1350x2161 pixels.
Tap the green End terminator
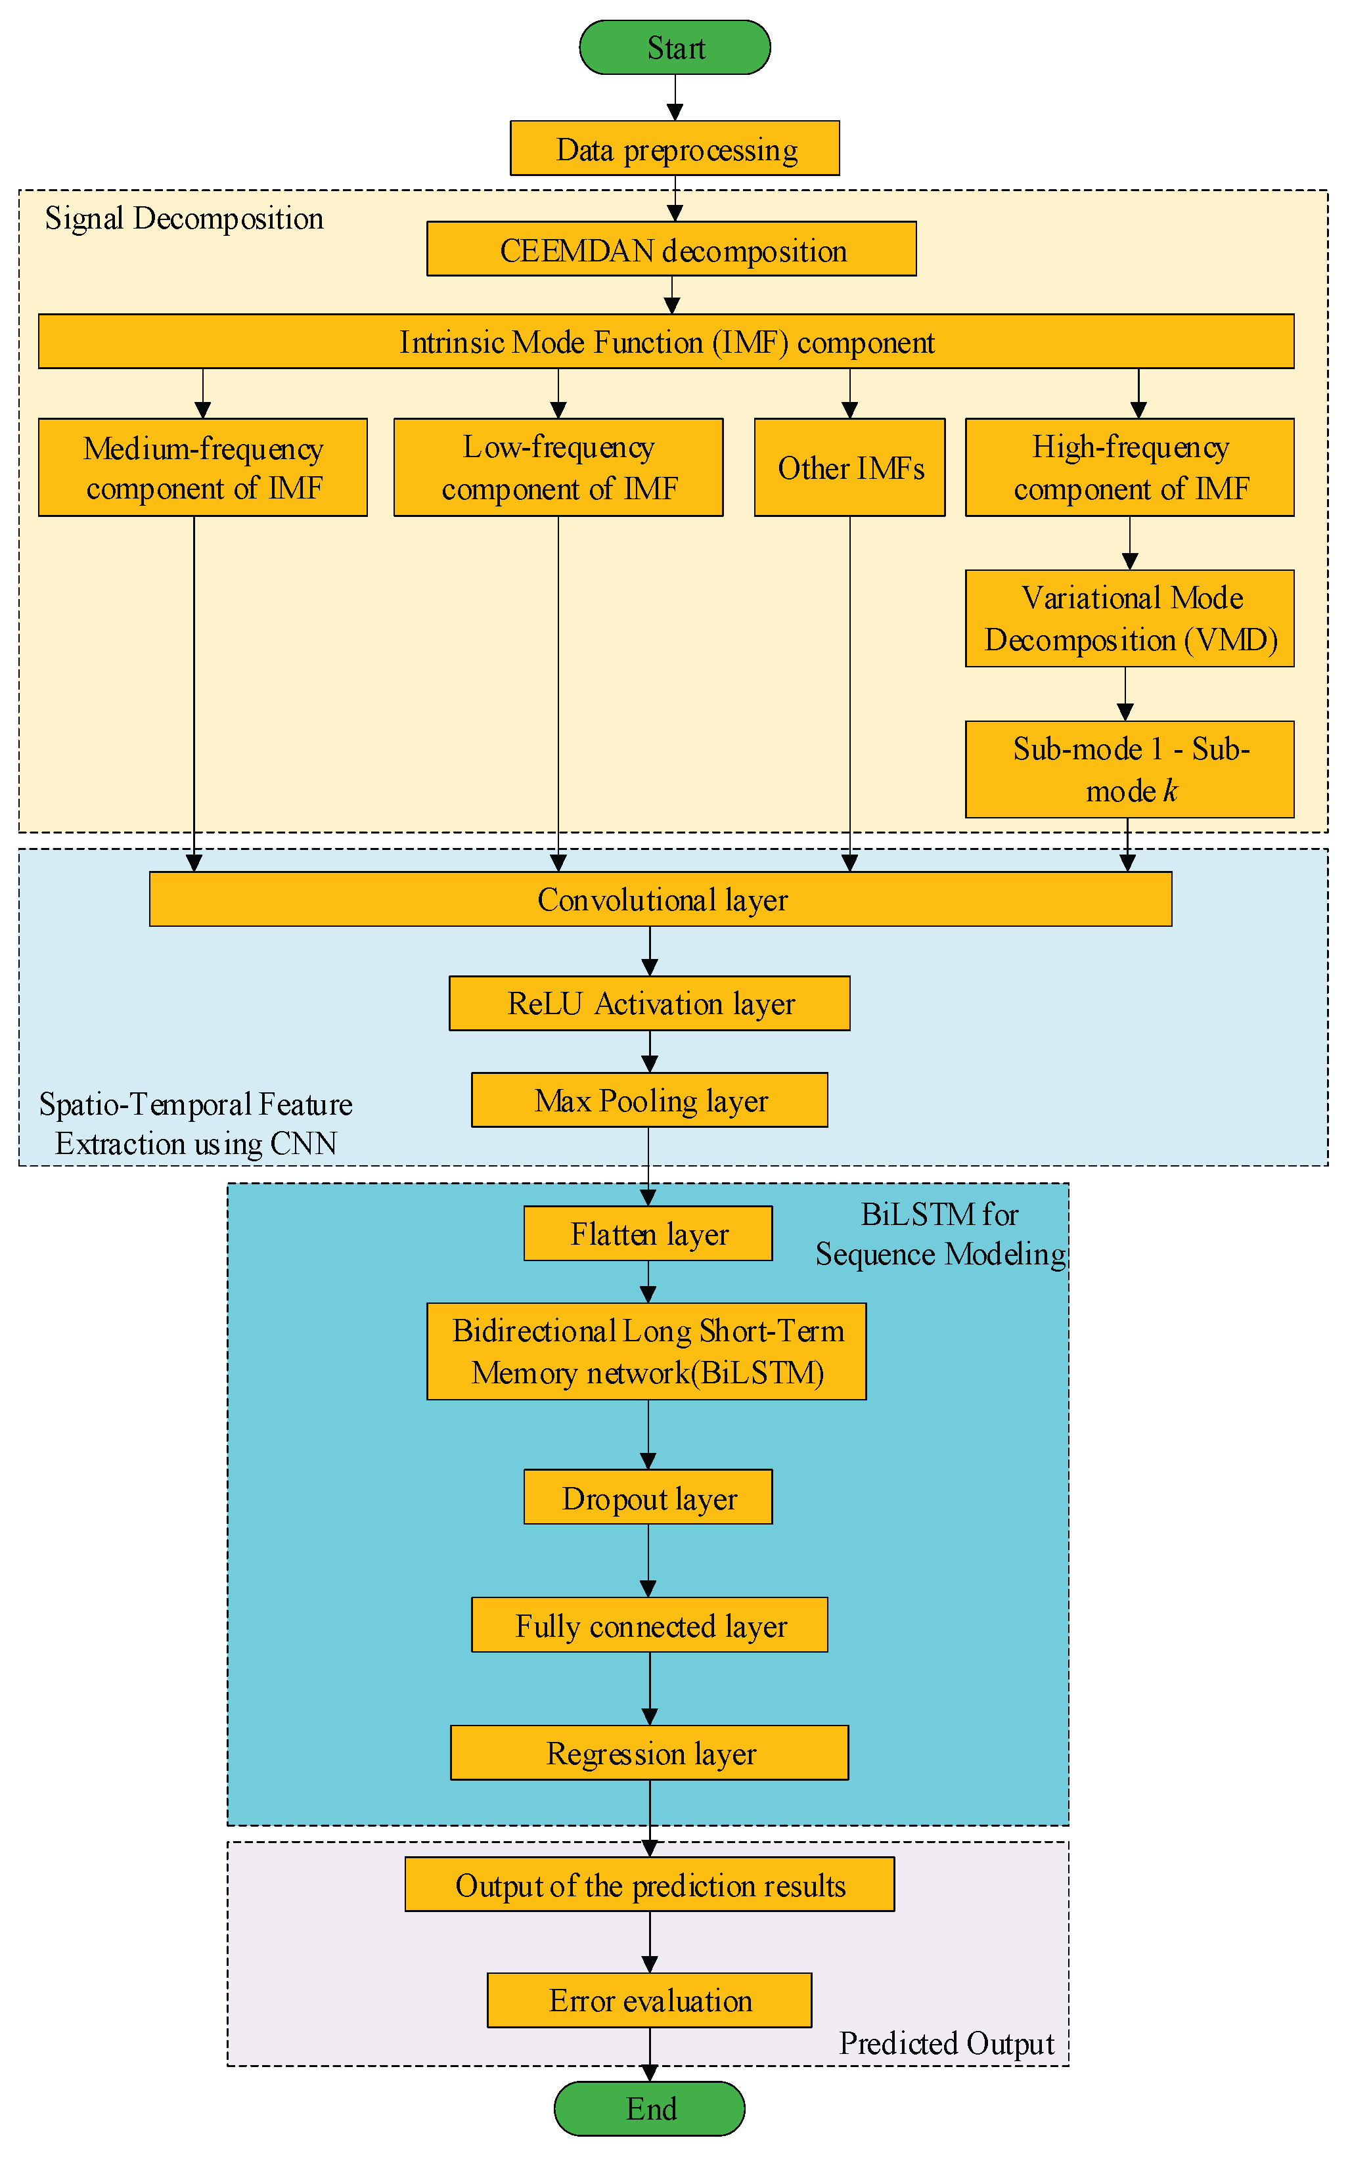coord(649,2108)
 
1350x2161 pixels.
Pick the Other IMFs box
coord(849,467)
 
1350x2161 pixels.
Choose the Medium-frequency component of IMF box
coord(203,467)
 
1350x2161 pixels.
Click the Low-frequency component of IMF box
coord(558,467)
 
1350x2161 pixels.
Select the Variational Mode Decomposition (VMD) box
coord(1129,617)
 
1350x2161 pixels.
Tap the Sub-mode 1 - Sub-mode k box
coord(1129,769)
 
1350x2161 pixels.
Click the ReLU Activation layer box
coord(649,1003)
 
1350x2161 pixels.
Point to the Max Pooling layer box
coord(649,1100)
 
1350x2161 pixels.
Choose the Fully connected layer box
coord(649,1624)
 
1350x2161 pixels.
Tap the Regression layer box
coord(649,1752)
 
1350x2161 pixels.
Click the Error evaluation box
coord(649,2000)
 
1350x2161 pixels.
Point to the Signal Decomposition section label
coord(184,219)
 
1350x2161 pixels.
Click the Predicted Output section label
coord(947,2043)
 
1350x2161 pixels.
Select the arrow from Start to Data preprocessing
coord(675,97)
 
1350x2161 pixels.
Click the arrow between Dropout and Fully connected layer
coord(648,1559)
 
